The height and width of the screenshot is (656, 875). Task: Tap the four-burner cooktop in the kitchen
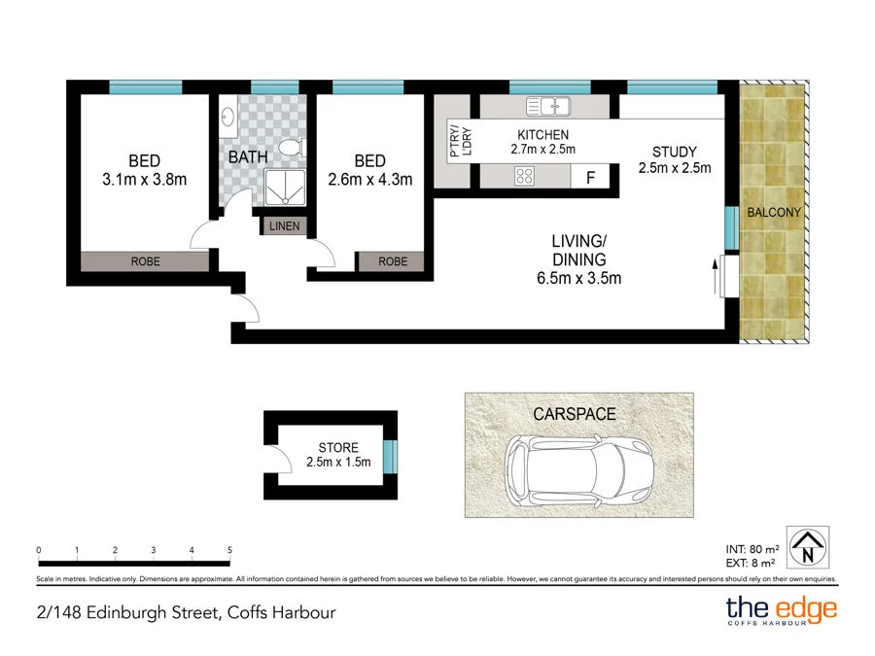(x=526, y=176)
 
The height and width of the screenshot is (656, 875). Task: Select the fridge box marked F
(x=589, y=177)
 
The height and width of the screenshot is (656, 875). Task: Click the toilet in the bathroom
(x=290, y=148)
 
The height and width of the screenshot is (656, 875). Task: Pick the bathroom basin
(x=227, y=118)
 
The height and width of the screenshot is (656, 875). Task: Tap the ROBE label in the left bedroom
(x=145, y=261)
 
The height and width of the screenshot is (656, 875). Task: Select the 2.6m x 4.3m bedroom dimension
(x=369, y=179)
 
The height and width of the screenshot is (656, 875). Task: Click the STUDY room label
(x=675, y=152)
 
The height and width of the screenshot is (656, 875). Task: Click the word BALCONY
(x=774, y=213)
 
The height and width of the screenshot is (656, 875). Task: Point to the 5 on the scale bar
(x=229, y=551)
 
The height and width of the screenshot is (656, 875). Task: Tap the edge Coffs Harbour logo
(x=781, y=611)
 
